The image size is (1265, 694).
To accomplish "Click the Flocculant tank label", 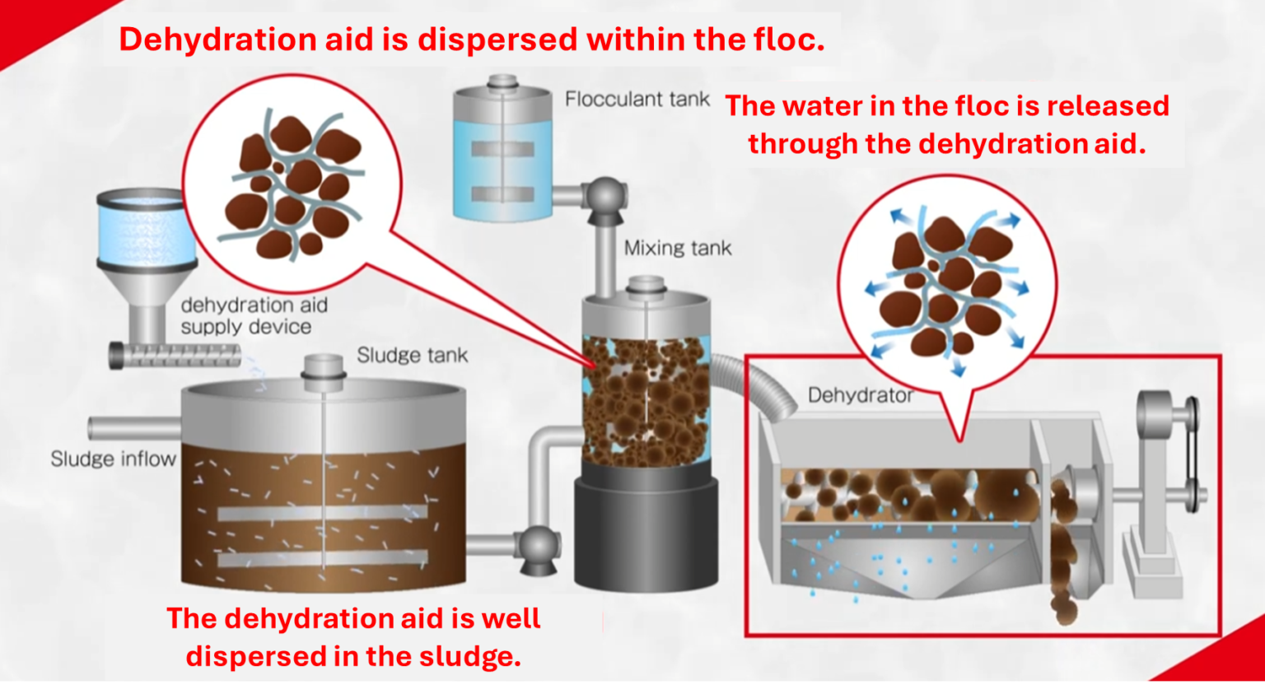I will point(637,100).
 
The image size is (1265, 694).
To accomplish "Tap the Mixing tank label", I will point(677,248).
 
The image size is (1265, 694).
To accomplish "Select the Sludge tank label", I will point(412,355).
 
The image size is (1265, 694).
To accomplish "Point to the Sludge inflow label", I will point(113,459).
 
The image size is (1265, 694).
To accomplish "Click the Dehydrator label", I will point(860,395).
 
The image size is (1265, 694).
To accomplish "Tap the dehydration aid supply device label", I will point(253,316).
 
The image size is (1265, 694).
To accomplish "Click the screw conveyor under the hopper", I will point(175,356).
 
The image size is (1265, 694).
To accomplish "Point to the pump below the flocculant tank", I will point(605,198).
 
